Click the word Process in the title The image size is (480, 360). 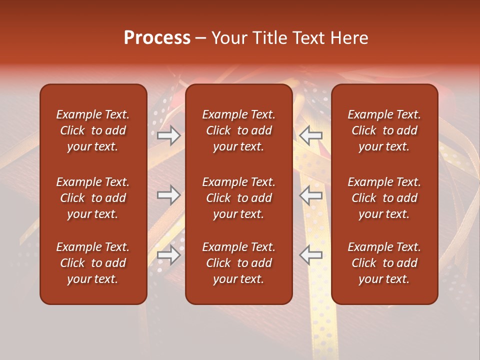coord(157,38)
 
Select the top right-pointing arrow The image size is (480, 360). coord(168,135)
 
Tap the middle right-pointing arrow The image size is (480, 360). coord(168,195)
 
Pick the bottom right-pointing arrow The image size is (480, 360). coord(168,255)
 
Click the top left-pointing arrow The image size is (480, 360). coord(311,135)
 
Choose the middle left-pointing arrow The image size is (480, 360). coord(311,195)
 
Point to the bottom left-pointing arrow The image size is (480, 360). coord(311,255)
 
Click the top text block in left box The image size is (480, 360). coord(93,130)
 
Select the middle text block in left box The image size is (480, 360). coord(93,198)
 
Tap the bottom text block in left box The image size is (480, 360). coord(93,263)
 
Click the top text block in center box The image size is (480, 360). coord(238,130)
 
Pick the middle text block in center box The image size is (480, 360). coord(238,198)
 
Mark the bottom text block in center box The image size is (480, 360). coord(238,263)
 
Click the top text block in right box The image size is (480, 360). coord(384,130)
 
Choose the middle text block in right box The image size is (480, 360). coord(384,198)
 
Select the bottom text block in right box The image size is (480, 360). coord(384,263)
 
